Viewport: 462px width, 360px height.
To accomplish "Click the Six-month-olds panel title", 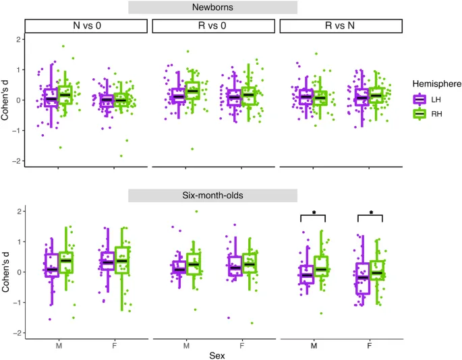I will (x=213, y=195).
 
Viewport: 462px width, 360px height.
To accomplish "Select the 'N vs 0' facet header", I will (x=86, y=26).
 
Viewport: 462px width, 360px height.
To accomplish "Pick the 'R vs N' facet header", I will (x=341, y=26).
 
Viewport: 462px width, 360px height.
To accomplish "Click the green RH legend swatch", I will (x=422, y=114).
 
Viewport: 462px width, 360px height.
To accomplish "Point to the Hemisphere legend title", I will (x=437, y=84).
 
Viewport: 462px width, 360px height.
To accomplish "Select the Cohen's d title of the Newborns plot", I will (x=7, y=100).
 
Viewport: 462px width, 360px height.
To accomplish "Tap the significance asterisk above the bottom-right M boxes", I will (x=314, y=213).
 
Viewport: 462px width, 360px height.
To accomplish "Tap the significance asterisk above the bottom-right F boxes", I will (x=370, y=213).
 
